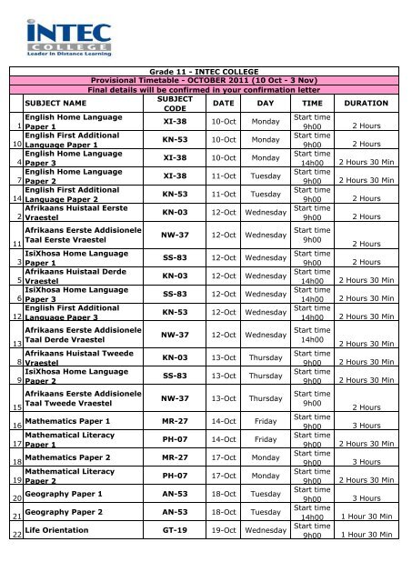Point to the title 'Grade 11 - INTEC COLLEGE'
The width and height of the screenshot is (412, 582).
205,70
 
